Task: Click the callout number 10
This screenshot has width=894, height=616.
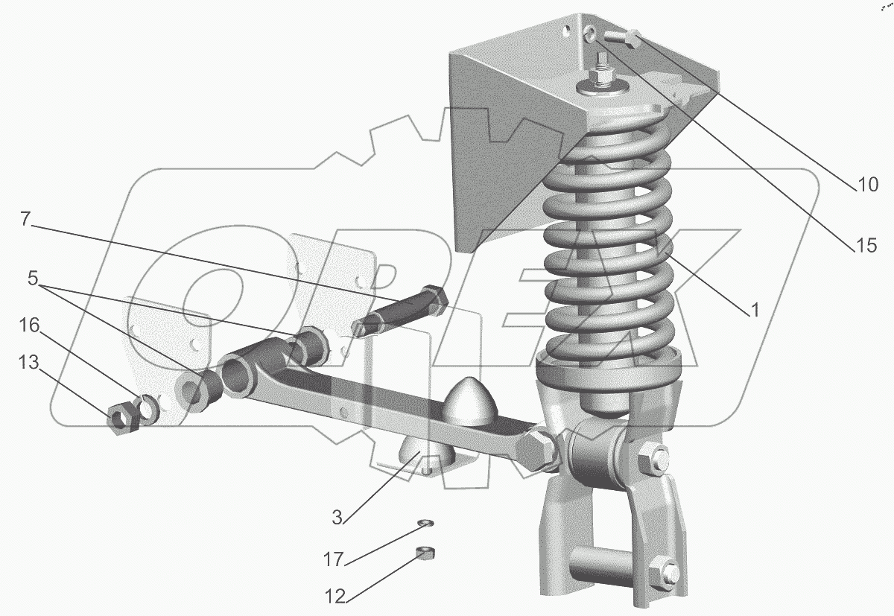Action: click(x=867, y=185)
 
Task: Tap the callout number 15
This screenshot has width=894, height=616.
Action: click(x=866, y=245)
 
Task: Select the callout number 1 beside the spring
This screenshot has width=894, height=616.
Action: click(x=755, y=311)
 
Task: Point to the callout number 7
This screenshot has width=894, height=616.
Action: click(x=25, y=219)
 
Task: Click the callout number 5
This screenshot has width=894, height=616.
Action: click(x=33, y=278)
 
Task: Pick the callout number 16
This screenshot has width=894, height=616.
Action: click(x=29, y=326)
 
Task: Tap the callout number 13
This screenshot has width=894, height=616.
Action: click(x=29, y=362)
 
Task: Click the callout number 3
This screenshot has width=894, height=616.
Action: click(x=337, y=518)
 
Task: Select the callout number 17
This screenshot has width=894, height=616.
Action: click(x=333, y=559)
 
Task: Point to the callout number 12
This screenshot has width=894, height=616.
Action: click(x=335, y=597)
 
